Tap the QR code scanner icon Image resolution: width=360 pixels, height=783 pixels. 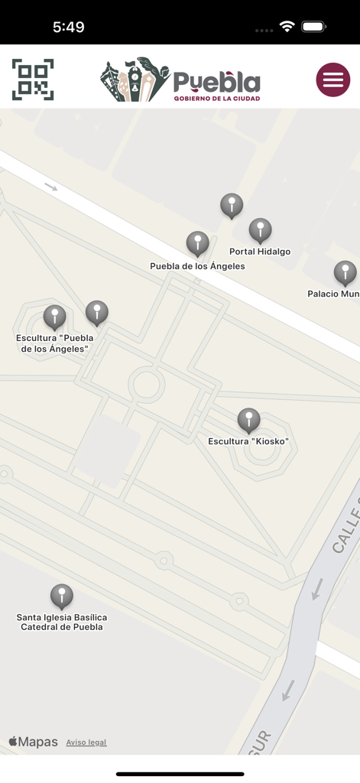click(33, 80)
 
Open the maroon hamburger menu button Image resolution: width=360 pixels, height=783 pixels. click(333, 80)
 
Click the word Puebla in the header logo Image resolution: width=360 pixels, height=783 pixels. click(216, 82)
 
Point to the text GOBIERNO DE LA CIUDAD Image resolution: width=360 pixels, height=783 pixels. click(216, 99)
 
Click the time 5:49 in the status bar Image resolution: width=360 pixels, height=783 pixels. click(68, 27)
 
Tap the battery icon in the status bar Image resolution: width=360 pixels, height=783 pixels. click(313, 27)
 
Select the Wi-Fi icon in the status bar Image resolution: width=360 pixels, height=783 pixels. click(287, 27)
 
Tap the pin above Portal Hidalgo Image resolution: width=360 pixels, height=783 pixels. click(260, 230)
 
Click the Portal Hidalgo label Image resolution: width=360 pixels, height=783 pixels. click(260, 252)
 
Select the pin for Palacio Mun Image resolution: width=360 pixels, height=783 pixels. click(345, 272)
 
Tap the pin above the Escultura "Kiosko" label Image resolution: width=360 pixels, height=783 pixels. click(248, 420)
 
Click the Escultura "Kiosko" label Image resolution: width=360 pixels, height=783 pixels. click(248, 441)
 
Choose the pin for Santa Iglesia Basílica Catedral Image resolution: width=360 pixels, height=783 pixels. click(62, 596)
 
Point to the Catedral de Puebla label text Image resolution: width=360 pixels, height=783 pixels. click(62, 627)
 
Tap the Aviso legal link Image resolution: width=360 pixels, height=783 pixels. click(86, 742)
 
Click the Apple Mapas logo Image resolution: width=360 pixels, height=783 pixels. click(33, 742)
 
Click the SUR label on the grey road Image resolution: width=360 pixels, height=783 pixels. click(260, 742)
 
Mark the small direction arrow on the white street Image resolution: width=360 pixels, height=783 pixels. click(50, 186)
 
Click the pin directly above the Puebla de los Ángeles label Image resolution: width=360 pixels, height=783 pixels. click(198, 244)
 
